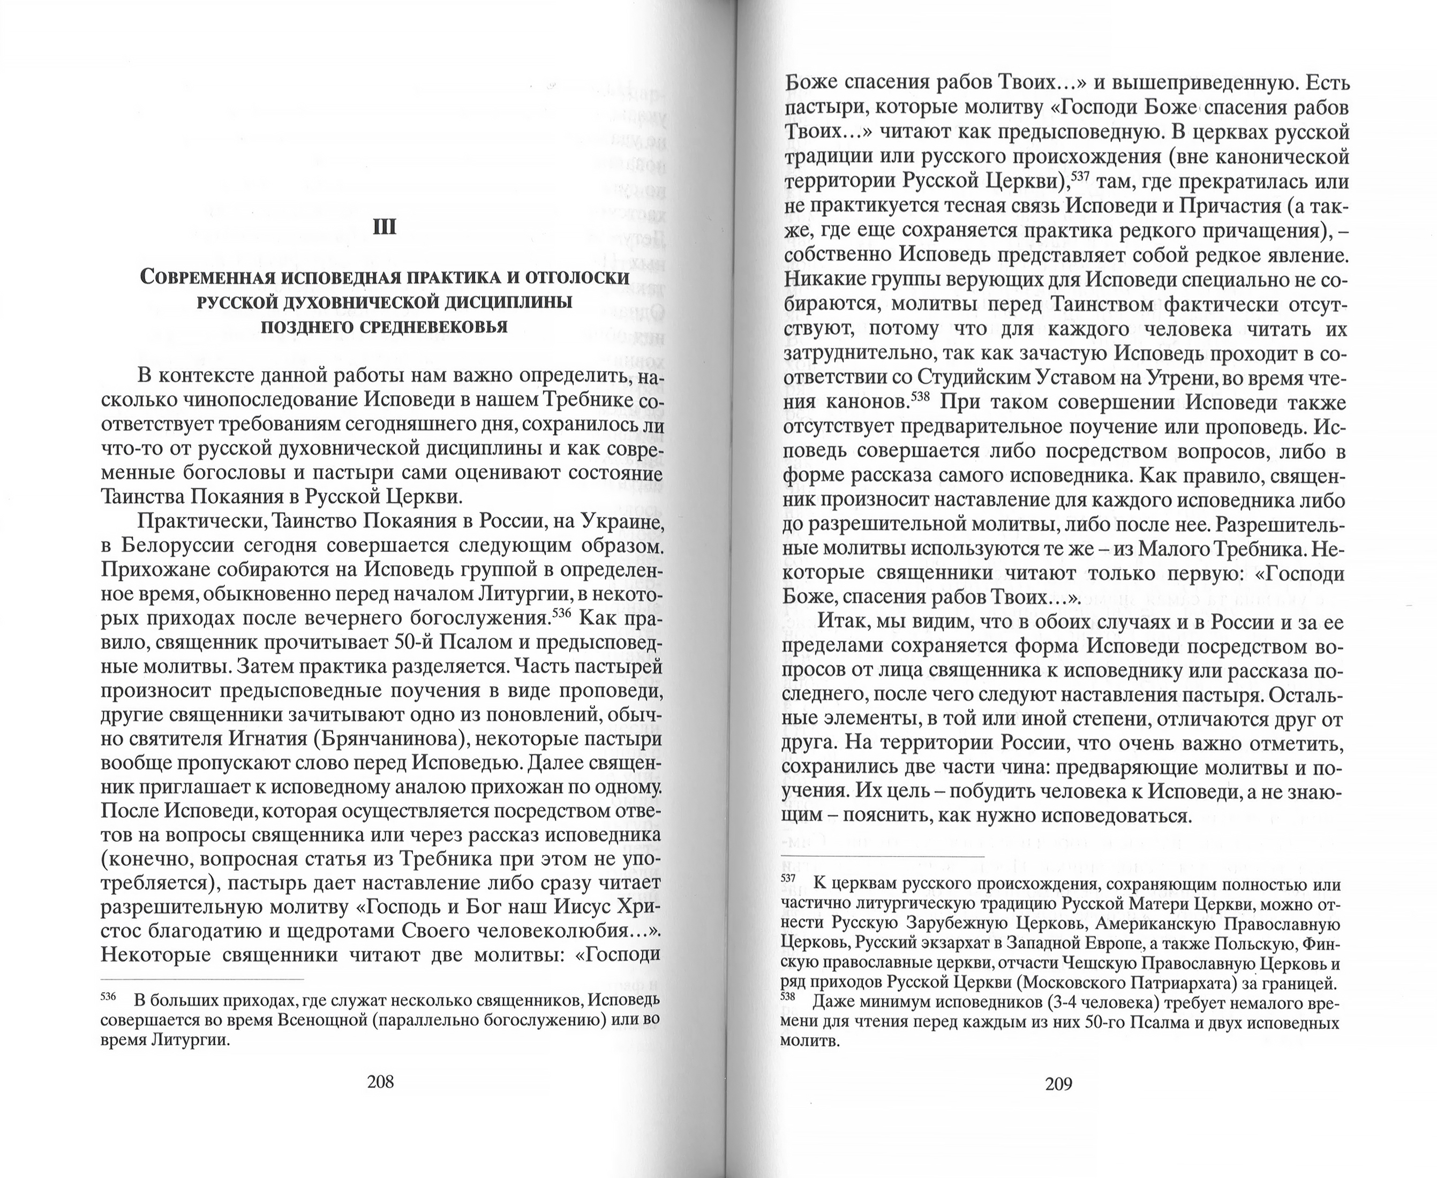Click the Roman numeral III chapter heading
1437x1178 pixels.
pyautogui.click(x=384, y=226)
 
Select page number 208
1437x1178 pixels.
pyautogui.click(x=380, y=1082)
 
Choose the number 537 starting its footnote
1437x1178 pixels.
pyautogui.click(x=788, y=878)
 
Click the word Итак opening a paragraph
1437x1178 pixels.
pyautogui.click(x=840, y=622)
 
